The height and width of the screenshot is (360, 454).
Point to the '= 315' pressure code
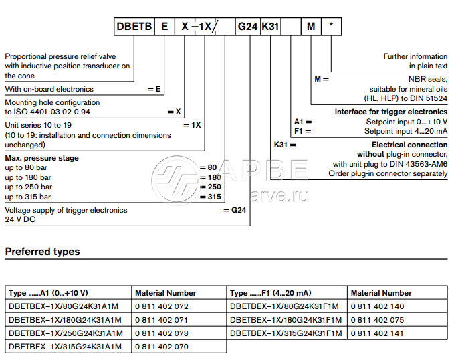click(x=211, y=197)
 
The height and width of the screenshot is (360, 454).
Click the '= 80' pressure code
click(x=209, y=167)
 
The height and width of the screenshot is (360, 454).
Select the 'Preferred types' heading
click(x=43, y=252)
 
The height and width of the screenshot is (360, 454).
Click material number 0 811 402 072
click(x=162, y=306)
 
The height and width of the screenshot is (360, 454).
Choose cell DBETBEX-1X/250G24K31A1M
click(x=65, y=333)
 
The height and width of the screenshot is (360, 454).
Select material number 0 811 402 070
click(x=162, y=346)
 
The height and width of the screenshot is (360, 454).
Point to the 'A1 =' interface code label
click(x=302, y=122)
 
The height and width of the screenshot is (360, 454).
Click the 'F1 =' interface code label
click(x=302, y=132)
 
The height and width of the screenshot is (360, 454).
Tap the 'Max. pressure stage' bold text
click(x=42, y=159)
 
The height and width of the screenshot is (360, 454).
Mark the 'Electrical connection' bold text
click(x=409, y=145)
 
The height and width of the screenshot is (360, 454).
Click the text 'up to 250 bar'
click(x=28, y=187)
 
